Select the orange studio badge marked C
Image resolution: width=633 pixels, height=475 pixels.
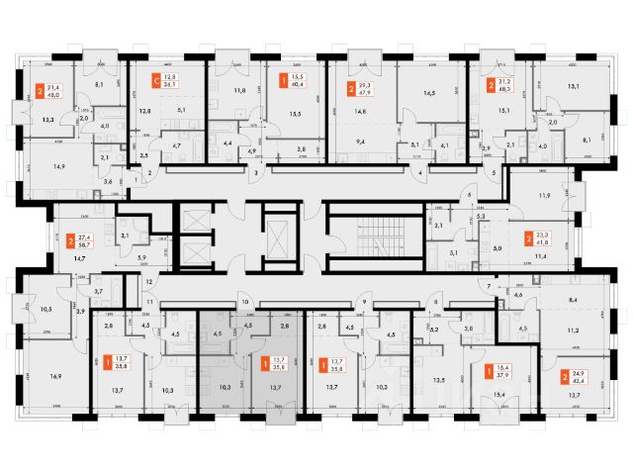click(155, 81)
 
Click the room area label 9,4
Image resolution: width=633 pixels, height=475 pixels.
click(361, 142)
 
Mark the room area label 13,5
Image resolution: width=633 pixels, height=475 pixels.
click(439, 377)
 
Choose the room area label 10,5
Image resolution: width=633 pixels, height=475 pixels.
click(45, 310)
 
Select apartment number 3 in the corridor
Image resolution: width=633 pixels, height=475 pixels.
click(256, 173)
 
